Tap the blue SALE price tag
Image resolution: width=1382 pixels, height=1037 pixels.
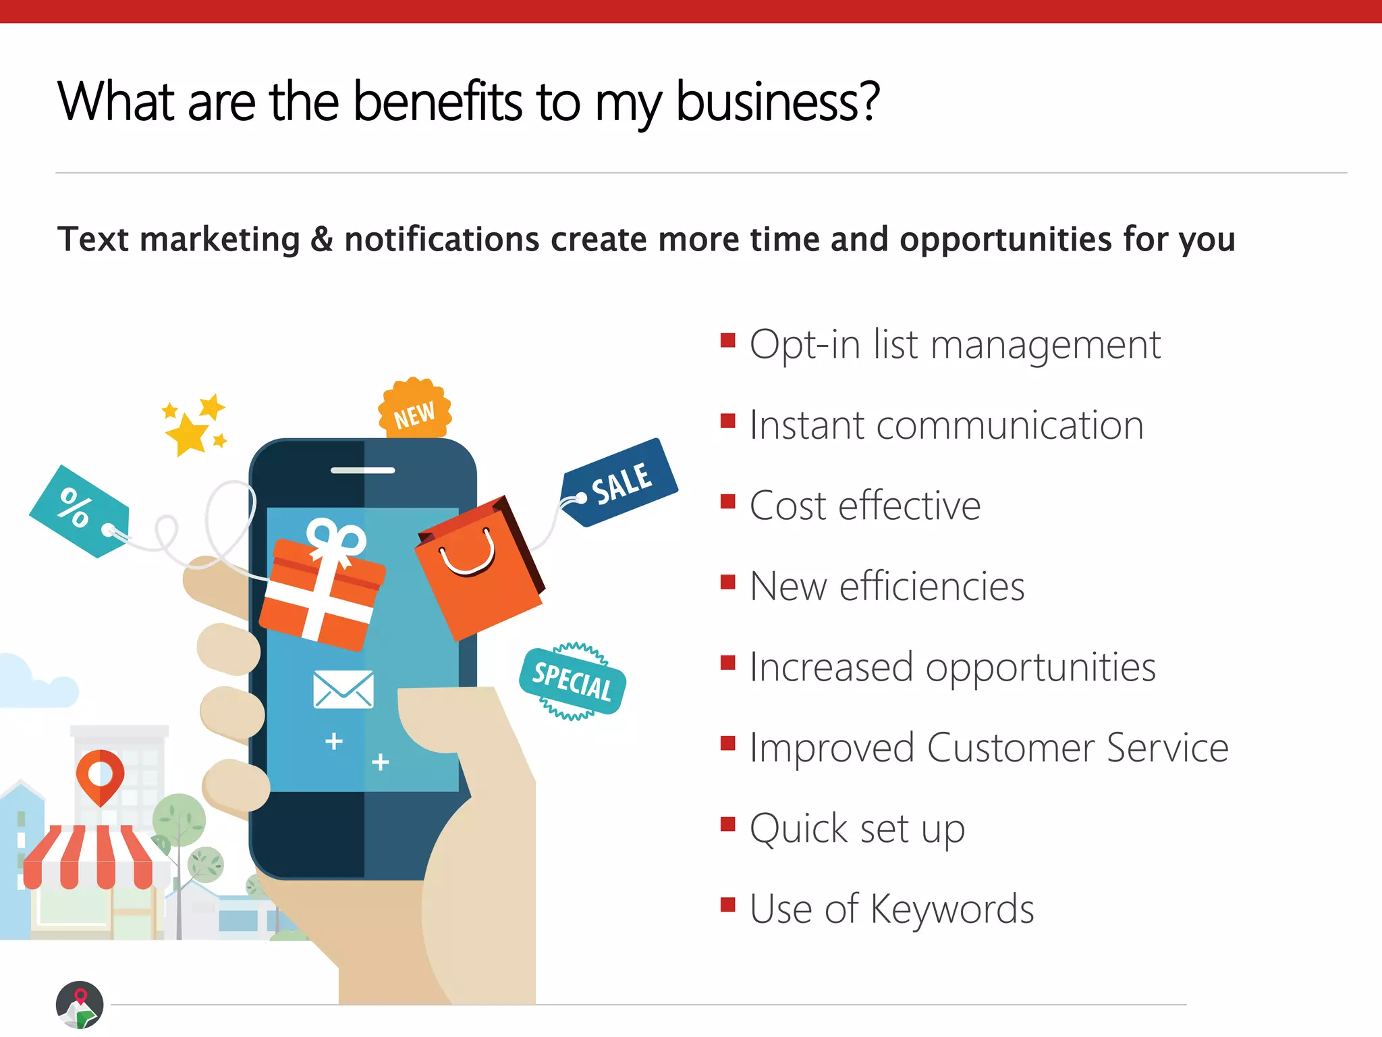coord(619,482)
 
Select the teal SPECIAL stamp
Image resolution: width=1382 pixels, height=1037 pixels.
coord(572,681)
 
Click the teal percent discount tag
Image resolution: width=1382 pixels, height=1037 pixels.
coord(79,511)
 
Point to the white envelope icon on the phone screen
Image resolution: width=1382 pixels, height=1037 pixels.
coord(343,689)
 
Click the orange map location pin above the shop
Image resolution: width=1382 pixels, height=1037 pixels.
coord(100,775)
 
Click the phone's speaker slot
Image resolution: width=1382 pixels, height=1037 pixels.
coord(363,471)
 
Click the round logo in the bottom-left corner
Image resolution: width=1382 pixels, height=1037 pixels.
coord(80,1005)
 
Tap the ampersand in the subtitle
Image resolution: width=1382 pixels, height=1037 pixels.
coord(322,240)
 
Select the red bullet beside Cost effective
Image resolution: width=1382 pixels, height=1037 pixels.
coord(727,502)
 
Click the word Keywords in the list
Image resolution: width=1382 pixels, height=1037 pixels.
coord(951,909)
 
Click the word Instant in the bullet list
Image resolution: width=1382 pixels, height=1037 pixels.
coord(807,426)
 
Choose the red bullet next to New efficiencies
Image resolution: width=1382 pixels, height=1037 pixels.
coord(727,582)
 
